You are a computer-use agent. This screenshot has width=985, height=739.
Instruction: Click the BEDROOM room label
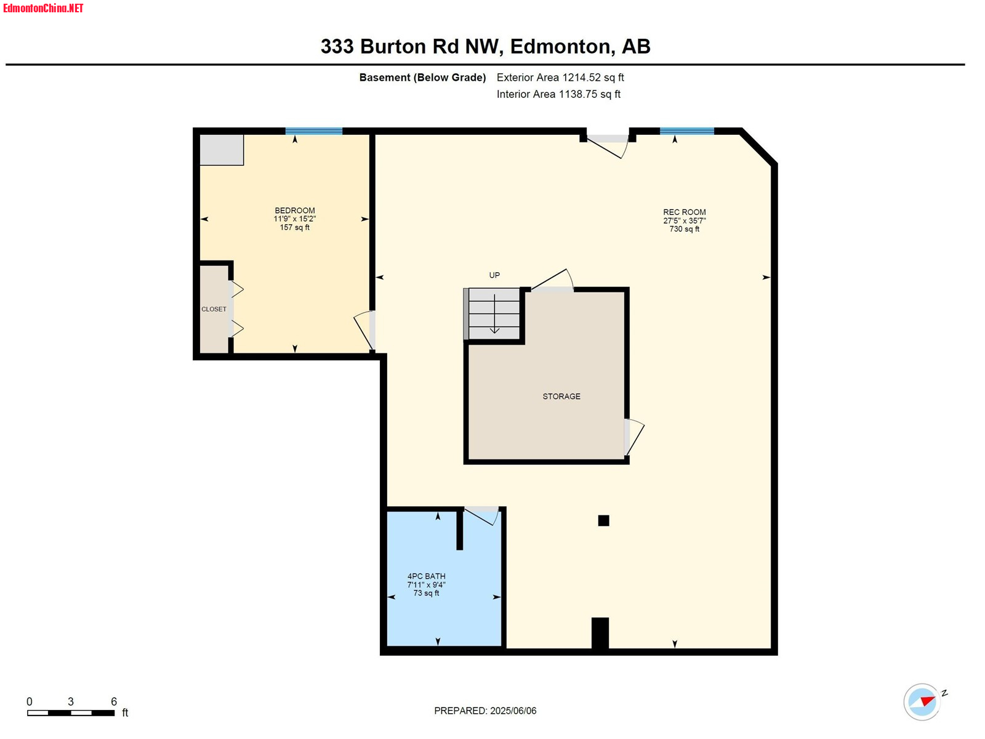coord(294,211)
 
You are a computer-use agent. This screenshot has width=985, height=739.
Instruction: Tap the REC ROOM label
coord(684,212)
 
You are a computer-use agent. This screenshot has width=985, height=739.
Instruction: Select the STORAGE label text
coord(561,396)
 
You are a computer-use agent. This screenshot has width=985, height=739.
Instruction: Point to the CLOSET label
coord(214,309)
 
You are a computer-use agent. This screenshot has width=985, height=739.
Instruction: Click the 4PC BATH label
coord(426,576)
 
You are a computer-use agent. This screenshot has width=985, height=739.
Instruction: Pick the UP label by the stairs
coord(494,275)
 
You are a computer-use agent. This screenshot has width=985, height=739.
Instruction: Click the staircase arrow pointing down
coord(494,314)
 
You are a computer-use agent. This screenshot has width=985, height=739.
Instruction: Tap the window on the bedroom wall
coord(314,131)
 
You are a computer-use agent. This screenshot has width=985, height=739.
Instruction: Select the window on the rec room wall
coord(686,131)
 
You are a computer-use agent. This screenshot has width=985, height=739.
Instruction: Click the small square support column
coord(603,520)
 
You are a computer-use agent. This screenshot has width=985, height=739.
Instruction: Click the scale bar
coord(71,713)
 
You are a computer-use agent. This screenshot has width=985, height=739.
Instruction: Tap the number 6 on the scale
coord(114,701)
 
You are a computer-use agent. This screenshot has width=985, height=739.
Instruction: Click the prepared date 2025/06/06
coord(513,711)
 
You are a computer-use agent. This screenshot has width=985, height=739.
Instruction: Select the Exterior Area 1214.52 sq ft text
coord(560,78)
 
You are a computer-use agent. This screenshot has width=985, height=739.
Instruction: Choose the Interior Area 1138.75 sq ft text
coord(558,94)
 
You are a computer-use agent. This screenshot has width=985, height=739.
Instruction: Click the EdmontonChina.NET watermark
coord(43,9)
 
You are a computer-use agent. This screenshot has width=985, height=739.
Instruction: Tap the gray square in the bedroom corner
coord(222,150)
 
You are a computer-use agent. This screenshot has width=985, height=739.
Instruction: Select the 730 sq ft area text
coord(684,229)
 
